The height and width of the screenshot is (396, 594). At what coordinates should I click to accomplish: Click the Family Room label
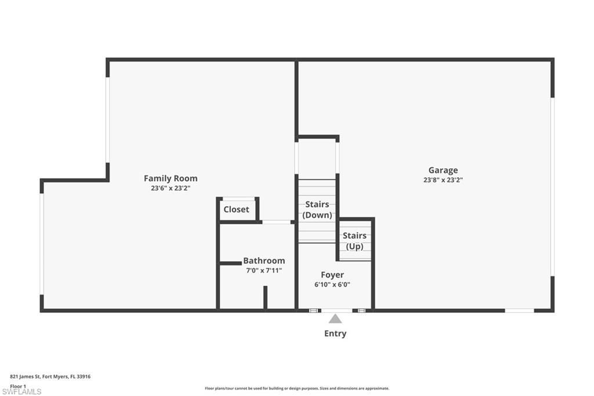[171, 178]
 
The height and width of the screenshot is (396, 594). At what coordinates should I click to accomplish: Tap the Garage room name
[443, 170]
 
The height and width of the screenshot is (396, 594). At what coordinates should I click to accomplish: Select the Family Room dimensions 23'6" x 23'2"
[171, 188]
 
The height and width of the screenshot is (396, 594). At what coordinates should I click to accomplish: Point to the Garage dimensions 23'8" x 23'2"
[443, 180]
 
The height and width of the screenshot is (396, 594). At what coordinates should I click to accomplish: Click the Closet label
[236, 209]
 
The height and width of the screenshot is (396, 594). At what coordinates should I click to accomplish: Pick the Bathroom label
[264, 261]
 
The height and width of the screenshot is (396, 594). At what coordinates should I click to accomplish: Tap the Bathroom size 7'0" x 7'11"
[264, 270]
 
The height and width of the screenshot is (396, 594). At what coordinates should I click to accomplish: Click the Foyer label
[332, 275]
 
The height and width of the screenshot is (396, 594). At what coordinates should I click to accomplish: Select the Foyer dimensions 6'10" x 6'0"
[332, 285]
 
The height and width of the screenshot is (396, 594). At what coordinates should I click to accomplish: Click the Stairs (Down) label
[317, 210]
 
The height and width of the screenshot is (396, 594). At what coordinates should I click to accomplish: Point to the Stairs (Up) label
[354, 241]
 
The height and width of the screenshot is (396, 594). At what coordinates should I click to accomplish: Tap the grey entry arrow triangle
[335, 318]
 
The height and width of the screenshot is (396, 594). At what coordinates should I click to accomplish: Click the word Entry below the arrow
[335, 334]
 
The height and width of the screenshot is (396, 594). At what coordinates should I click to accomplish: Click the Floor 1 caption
[19, 386]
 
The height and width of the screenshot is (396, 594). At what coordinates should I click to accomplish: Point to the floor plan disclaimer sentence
[297, 388]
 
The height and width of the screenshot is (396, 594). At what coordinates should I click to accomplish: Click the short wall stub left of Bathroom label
[230, 263]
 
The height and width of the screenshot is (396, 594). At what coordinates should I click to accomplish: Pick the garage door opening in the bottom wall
[519, 311]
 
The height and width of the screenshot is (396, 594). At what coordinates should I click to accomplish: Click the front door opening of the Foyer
[336, 311]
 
